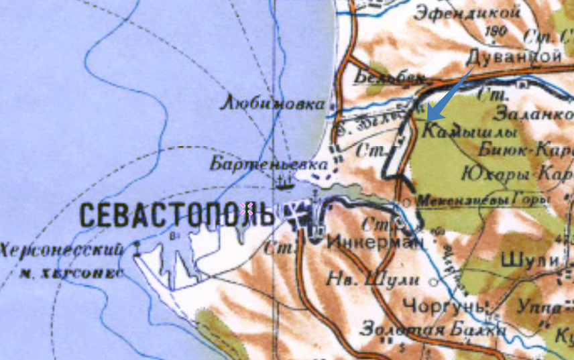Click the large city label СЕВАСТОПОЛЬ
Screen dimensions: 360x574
click(176, 215)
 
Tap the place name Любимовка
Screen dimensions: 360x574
click(274, 103)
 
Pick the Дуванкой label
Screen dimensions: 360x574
click(512, 56)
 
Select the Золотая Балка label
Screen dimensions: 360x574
click(433, 330)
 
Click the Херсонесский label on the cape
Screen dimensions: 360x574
click(62, 251)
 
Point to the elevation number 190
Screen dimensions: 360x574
click(498, 31)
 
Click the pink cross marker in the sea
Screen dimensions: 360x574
click(246, 208)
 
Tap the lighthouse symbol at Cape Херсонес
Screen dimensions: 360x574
click(137, 246)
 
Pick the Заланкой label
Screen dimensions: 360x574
click(536, 113)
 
